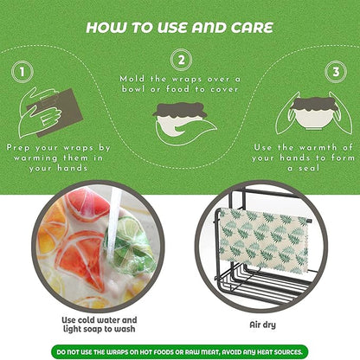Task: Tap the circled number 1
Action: pyautogui.click(x=22, y=72)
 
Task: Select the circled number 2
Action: pyautogui.click(x=181, y=60)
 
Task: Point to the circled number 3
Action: pyautogui.click(x=336, y=72)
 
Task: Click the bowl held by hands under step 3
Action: pyautogui.click(x=314, y=115)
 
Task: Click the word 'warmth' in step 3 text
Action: pyautogui.click(x=318, y=148)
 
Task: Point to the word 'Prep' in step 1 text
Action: pyautogui.click(x=17, y=148)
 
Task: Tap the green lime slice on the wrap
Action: pyautogui.click(x=131, y=240)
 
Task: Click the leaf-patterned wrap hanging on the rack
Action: pyautogui.click(x=263, y=241)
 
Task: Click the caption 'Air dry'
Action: pyautogui.click(x=262, y=325)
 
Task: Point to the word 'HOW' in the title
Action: pyautogui.click(x=106, y=28)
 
